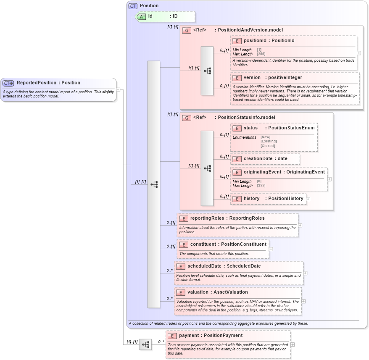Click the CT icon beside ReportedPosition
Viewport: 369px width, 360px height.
(x=8, y=83)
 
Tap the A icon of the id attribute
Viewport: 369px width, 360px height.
(x=142, y=16)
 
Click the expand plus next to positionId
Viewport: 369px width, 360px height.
(x=358, y=53)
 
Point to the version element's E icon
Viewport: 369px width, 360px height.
(x=237, y=78)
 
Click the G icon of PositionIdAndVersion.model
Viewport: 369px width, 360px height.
(x=187, y=30)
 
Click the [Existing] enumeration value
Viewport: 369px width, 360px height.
(x=269, y=142)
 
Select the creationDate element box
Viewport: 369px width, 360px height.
(x=265, y=159)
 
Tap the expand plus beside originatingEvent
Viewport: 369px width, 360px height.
(x=329, y=179)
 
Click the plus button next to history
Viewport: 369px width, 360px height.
(x=308, y=199)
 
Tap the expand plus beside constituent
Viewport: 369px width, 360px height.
(x=271, y=249)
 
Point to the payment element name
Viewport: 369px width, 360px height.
(x=211, y=336)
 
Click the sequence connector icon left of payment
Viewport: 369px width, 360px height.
(x=145, y=344)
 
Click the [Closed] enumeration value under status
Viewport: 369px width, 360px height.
(x=268, y=146)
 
